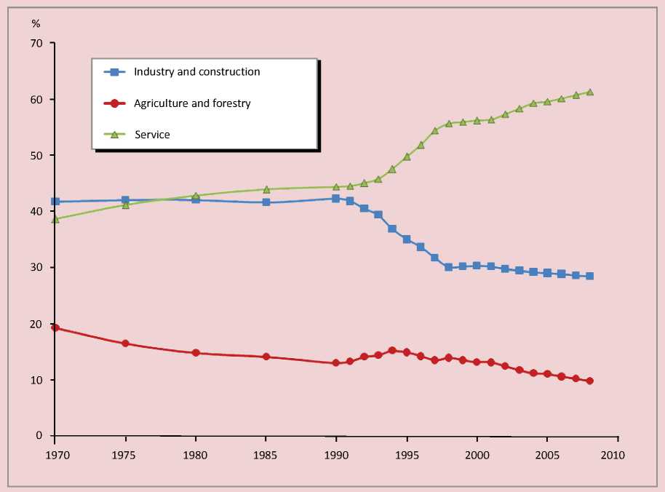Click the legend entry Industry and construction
click(196, 71)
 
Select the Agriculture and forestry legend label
click(192, 103)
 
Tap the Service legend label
click(151, 135)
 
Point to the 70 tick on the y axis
click(37, 43)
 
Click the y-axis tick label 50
click(37, 156)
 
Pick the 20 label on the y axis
click(37, 324)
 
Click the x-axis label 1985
click(266, 453)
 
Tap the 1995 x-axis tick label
click(407, 453)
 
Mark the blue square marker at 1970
click(55, 202)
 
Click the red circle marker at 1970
click(55, 328)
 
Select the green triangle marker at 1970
click(55, 218)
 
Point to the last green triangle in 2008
click(589, 92)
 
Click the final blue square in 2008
click(589, 276)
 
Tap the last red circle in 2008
click(589, 381)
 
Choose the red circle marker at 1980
click(196, 352)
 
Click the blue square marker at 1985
click(266, 202)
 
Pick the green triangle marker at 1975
click(125, 205)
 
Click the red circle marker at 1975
click(125, 343)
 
